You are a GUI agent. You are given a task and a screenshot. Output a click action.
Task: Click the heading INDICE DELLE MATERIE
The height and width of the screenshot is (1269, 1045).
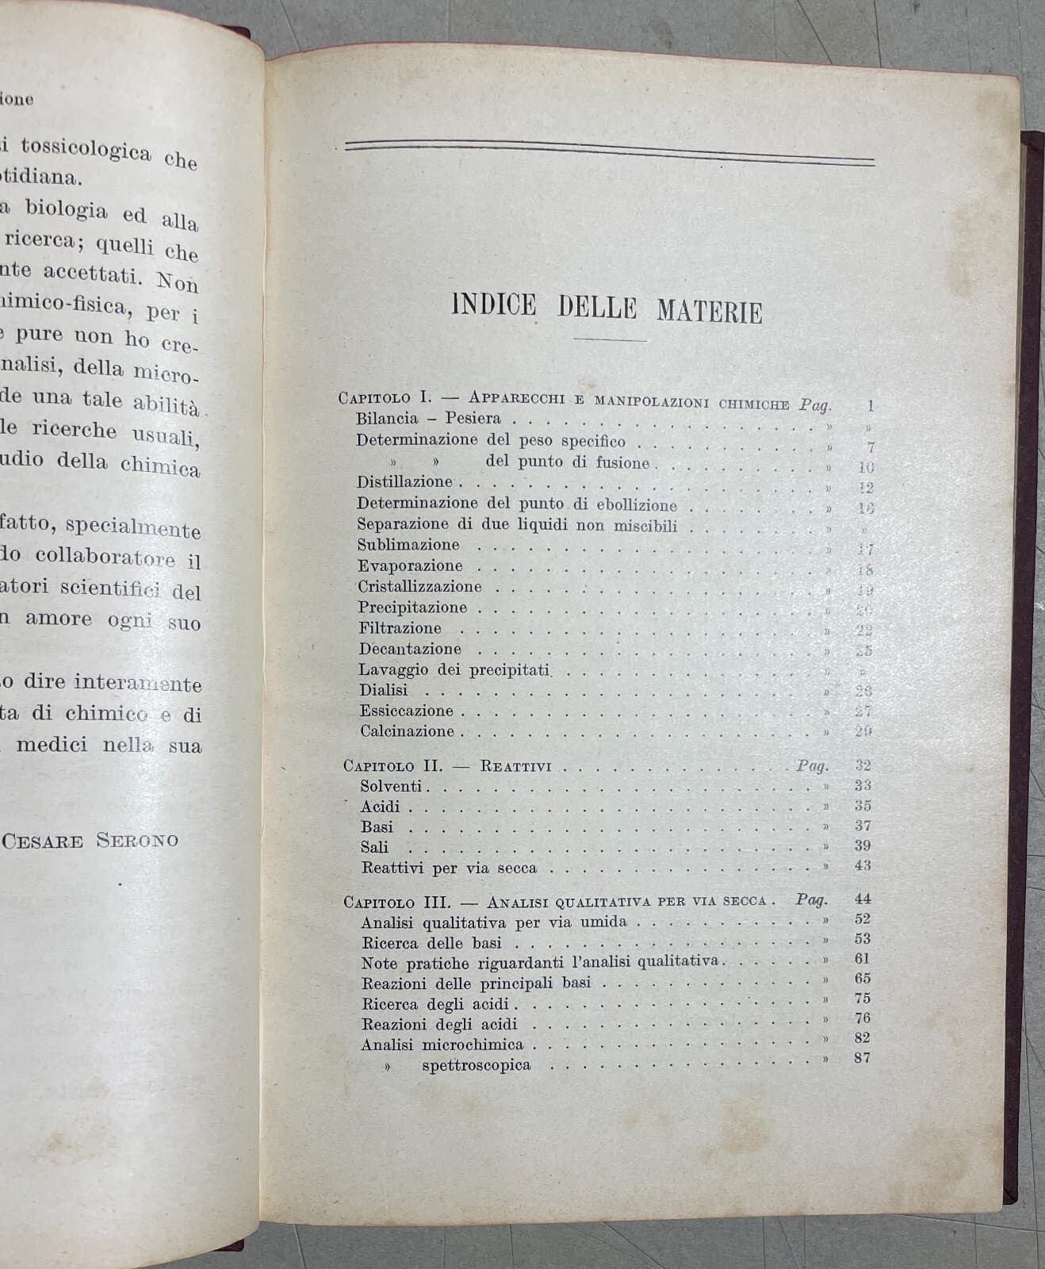tap(607, 308)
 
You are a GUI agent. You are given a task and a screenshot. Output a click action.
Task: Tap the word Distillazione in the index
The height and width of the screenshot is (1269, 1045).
tap(404, 481)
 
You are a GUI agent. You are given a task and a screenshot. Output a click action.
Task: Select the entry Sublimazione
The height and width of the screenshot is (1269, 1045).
tap(408, 545)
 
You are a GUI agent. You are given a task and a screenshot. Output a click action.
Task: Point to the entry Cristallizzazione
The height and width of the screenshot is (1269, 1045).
tap(419, 587)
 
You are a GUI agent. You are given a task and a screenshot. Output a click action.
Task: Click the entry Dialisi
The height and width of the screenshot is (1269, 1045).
tap(383, 690)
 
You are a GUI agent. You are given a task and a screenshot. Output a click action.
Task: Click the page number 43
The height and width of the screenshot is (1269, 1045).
tap(863, 865)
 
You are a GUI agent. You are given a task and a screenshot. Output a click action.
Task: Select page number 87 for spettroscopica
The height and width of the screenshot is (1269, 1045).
tap(863, 1057)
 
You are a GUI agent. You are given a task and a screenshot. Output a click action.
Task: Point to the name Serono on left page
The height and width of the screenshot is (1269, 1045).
tap(137, 841)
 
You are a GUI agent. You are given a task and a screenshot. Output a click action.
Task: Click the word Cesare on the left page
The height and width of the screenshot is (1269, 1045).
tap(43, 841)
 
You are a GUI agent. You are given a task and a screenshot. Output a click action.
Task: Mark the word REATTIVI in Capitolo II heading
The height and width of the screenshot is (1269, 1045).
tap(515, 767)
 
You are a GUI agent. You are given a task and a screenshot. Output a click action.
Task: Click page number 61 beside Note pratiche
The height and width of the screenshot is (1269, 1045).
tap(863, 958)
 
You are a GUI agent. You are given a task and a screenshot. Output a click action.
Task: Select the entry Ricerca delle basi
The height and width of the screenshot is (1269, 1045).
tap(431, 944)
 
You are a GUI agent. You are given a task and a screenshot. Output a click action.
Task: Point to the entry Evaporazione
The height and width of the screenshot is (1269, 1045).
tap(410, 565)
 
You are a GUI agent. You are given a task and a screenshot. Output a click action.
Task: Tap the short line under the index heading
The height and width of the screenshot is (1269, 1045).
tap(608, 340)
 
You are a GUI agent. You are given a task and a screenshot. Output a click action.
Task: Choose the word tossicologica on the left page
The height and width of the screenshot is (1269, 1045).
tap(86, 149)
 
